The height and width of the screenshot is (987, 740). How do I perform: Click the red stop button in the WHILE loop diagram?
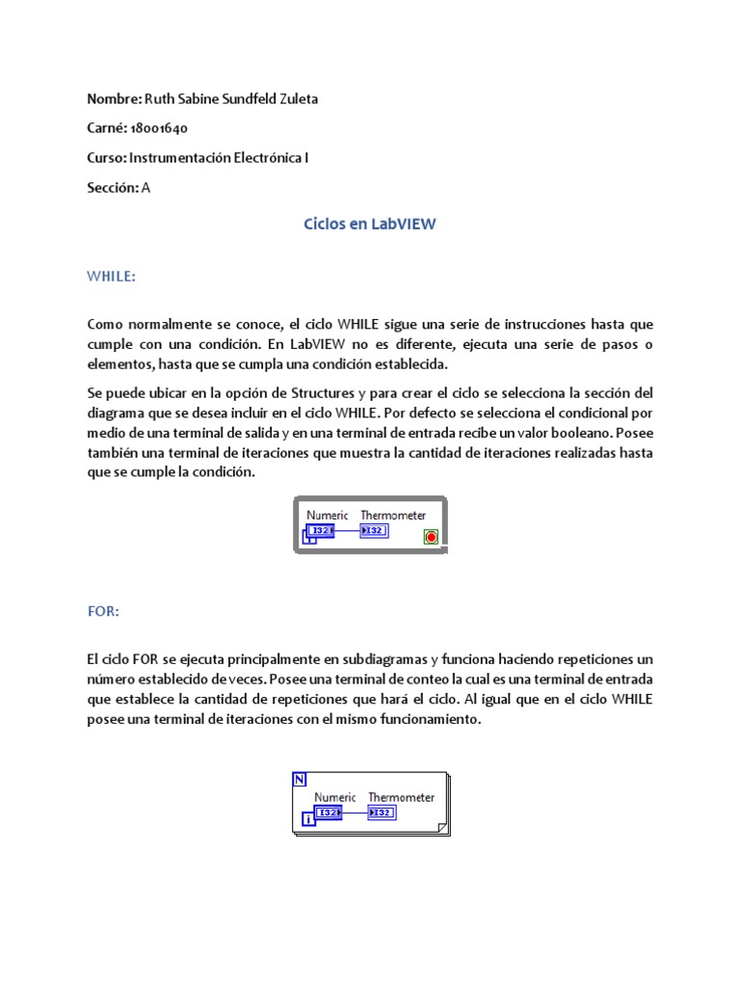tap(430, 537)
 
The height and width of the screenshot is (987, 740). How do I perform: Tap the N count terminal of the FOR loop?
tap(299, 779)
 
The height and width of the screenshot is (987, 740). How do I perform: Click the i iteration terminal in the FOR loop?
tap(307, 819)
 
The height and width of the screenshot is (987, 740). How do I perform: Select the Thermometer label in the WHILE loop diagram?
tap(393, 516)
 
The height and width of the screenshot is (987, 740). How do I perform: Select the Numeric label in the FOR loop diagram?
tap(335, 797)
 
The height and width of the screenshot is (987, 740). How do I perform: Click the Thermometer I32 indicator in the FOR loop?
tap(382, 813)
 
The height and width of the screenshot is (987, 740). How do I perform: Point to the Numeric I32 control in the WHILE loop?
tap(320, 531)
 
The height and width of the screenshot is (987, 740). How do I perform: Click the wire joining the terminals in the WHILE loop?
tap(347, 531)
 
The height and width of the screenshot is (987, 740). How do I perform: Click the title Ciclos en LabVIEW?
tap(370, 224)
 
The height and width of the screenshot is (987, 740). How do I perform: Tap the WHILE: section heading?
tap(111, 277)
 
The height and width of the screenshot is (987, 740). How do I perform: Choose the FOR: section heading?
tap(103, 611)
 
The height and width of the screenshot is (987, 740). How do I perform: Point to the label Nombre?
tap(114, 98)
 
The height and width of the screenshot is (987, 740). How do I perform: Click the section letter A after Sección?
tap(146, 188)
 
